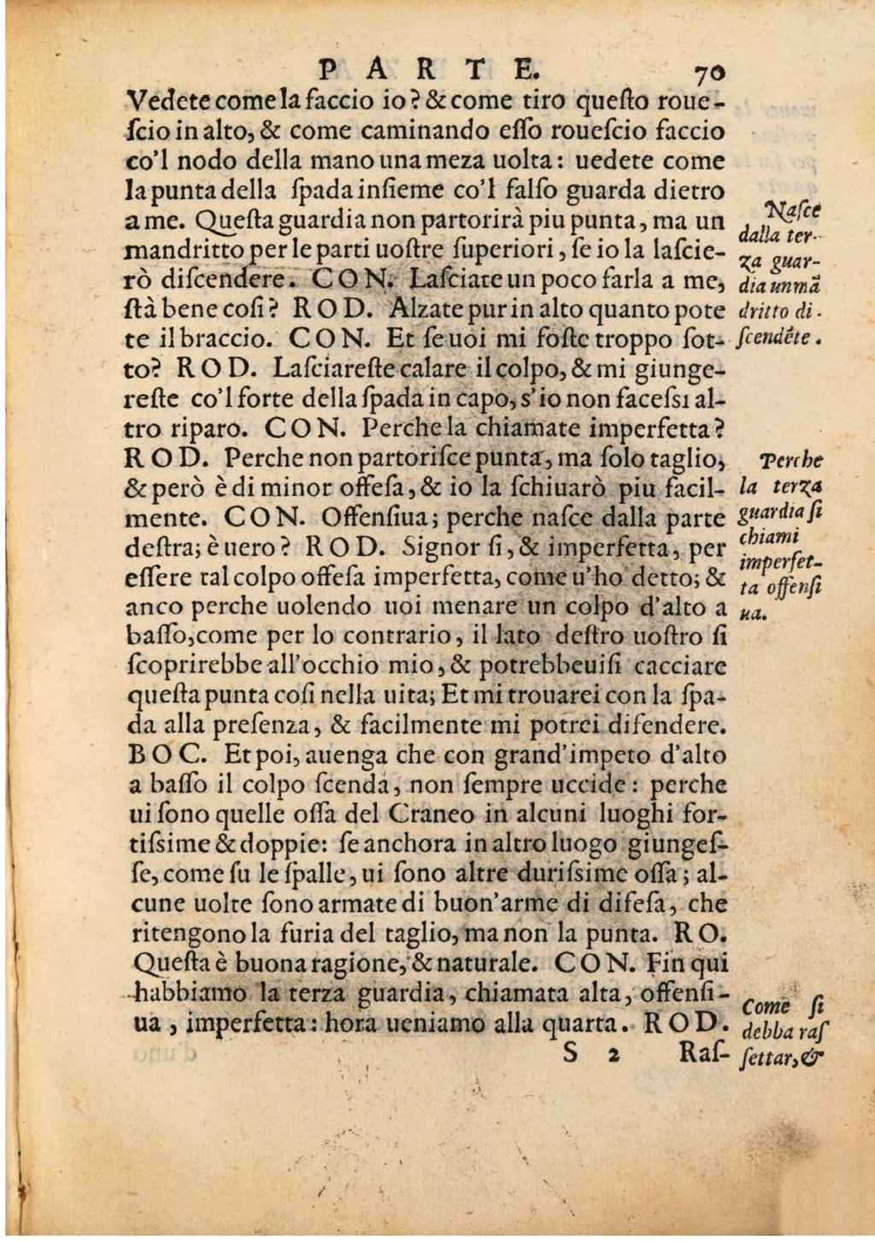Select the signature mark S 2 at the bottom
point(590,1054)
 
